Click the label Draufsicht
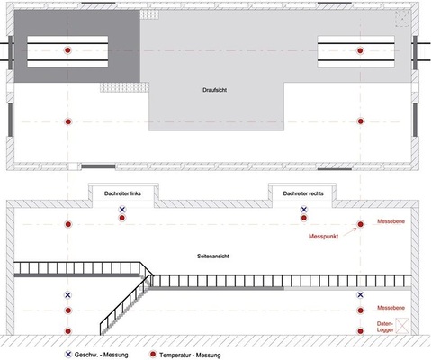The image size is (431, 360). [x=214, y=90]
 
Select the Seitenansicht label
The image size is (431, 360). [x=213, y=256]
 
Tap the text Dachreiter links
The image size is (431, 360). [x=122, y=193]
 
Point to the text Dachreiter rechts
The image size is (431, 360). [x=303, y=193]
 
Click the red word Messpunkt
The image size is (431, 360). [x=323, y=237]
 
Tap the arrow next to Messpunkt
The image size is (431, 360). [x=350, y=232]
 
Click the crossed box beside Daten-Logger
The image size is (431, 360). [x=402, y=325]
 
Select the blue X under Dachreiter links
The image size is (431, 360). [x=121, y=210]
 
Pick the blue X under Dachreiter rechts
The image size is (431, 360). [x=304, y=210]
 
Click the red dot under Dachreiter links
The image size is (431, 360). [x=121, y=218]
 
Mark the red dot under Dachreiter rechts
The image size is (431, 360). [x=304, y=218]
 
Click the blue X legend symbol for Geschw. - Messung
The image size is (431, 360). [x=68, y=355]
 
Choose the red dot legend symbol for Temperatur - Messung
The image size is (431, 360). [x=153, y=355]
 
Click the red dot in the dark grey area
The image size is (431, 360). [x=67, y=50]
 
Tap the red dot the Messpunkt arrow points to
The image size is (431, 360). [x=360, y=224]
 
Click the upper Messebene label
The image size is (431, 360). [x=391, y=221]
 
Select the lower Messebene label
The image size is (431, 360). [x=391, y=308]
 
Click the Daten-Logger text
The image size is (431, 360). [x=385, y=327]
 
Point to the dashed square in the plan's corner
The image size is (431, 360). [x=402, y=19]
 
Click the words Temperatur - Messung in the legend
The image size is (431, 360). [x=190, y=355]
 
